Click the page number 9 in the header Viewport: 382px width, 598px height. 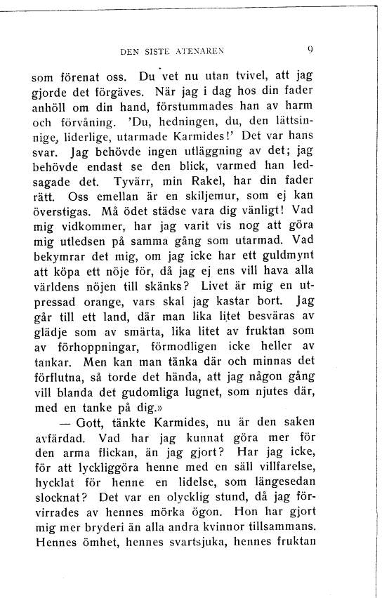(310, 50)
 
